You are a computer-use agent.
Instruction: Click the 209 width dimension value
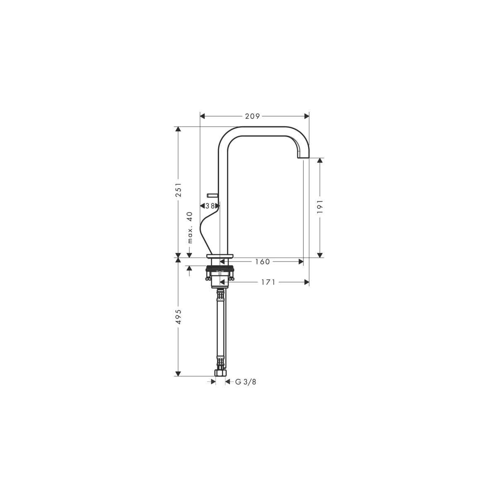click(x=252, y=116)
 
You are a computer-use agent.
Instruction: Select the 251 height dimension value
click(x=179, y=190)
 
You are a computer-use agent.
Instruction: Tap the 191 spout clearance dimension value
click(x=320, y=206)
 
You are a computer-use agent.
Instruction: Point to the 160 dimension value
click(x=262, y=262)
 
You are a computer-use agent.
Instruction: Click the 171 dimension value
click(x=268, y=282)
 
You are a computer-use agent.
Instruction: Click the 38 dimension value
click(x=210, y=206)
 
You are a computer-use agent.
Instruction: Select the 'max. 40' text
click(x=190, y=227)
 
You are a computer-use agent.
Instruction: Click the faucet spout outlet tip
click(x=303, y=157)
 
